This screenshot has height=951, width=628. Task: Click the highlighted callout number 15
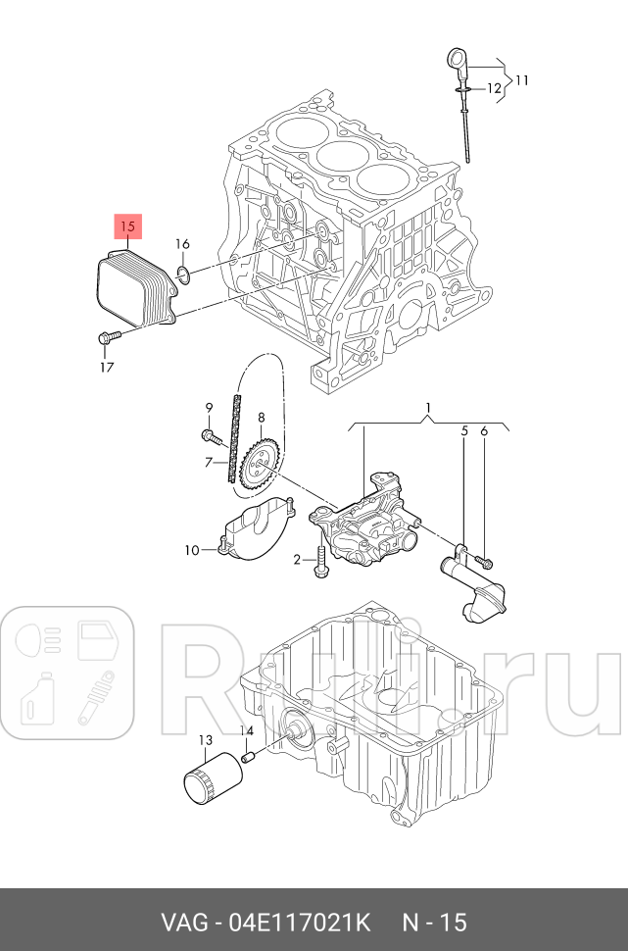pos(128,227)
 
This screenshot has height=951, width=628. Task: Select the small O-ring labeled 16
pos(183,272)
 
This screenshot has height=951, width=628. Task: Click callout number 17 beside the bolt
pos(107,367)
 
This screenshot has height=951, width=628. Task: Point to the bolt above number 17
pos(108,338)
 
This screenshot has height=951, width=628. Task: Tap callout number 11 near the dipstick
pos(521,78)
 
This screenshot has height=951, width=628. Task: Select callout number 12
pos(495,89)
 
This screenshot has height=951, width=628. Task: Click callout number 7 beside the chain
pos(208,461)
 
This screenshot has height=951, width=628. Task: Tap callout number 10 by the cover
pos(192,549)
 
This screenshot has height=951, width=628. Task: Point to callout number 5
pos(465,430)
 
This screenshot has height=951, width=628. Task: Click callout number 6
pos(484,430)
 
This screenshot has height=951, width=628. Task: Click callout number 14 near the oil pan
pos(247,732)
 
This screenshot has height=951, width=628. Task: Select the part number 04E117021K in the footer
pos(299,923)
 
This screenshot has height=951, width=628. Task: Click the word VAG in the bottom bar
pos(184,923)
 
